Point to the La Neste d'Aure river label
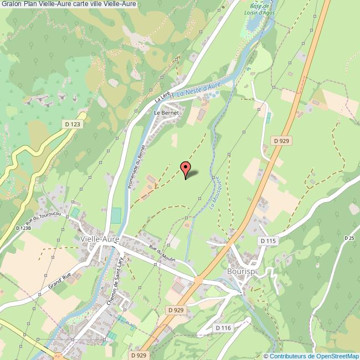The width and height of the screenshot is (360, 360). (x=199, y=89)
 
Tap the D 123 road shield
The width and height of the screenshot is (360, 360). (x=71, y=125)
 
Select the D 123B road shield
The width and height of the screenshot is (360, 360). (x=23, y=228)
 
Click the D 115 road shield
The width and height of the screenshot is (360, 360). (x=268, y=241)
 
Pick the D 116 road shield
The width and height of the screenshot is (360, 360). (x=223, y=328)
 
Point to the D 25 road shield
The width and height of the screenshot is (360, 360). (x=349, y=238)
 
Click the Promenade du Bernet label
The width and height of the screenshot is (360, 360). (x=136, y=168)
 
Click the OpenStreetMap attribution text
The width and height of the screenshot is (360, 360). (x=312, y=356)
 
